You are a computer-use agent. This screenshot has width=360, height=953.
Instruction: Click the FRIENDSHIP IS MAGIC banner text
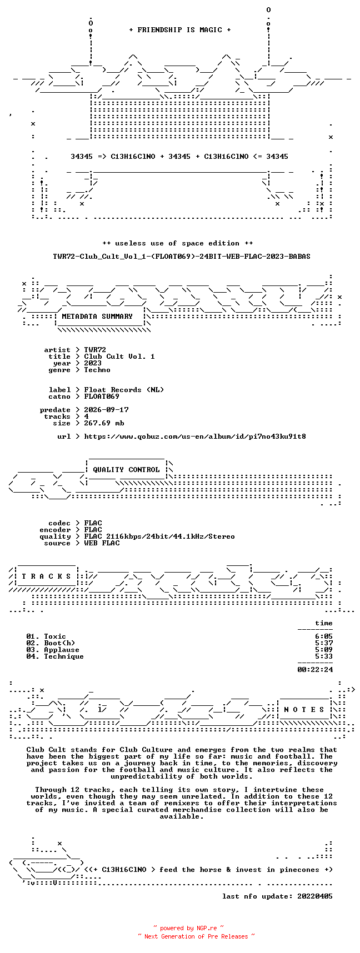click(180, 30)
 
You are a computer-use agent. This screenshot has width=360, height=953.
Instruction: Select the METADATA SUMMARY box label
click(97, 317)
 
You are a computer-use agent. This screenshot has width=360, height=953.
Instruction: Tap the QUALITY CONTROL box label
click(126, 470)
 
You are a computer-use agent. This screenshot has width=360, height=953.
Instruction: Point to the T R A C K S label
click(47, 576)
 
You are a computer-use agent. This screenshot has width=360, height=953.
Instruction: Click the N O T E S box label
click(304, 710)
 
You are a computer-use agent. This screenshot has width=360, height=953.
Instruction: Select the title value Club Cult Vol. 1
click(119, 357)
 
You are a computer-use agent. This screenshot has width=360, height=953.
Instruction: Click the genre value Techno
click(97, 370)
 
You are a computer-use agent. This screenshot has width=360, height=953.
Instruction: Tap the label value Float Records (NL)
click(124, 390)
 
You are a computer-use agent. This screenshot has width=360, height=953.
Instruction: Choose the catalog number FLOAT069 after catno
click(102, 397)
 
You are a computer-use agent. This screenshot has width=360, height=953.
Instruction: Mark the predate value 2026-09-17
click(106, 410)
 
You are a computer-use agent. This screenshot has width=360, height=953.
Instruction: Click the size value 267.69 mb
click(104, 423)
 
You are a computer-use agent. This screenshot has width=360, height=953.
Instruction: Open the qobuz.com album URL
click(195, 437)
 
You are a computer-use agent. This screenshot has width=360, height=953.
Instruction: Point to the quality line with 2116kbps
click(159, 536)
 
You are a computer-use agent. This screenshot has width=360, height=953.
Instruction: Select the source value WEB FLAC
click(102, 543)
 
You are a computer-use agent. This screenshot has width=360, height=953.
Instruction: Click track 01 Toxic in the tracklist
click(46, 636)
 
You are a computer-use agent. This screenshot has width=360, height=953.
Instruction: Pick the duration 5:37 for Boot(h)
click(324, 643)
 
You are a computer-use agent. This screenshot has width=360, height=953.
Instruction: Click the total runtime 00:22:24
click(315, 670)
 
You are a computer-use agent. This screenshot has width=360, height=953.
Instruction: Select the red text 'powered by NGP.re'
click(189, 928)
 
